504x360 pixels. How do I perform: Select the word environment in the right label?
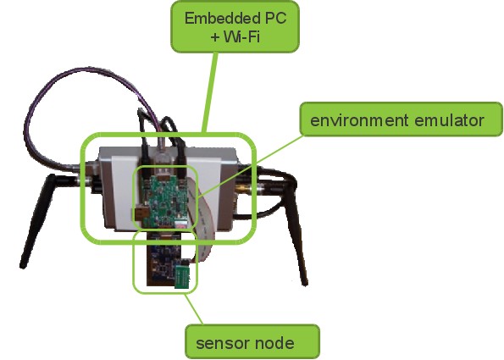[x=359, y=120]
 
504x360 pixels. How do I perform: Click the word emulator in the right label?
[x=449, y=120]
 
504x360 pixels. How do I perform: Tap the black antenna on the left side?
[x=38, y=221]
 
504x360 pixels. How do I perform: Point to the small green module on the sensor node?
[x=183, y=277]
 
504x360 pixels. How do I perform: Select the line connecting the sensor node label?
[x=193, y=308]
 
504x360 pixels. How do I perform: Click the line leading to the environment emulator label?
[x=251, y=166]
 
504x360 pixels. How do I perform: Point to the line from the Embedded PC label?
[x=211, y=92]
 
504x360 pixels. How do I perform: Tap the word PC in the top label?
[x=276, y=19]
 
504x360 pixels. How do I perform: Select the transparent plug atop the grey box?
[x=162, y=151]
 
